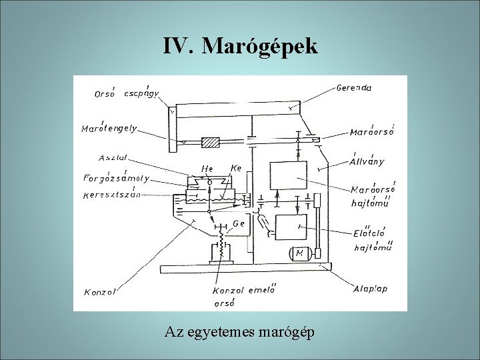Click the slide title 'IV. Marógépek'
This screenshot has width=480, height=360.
(x=240, y=46)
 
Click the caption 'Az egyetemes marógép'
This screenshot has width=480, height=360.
(x=240, y=332)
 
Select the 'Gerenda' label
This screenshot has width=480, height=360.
(x=354, y=87)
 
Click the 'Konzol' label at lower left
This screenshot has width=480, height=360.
(x=100, y=291)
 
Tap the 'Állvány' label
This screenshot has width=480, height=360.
(x=367, y=161)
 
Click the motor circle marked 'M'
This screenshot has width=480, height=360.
(x=299, y=254)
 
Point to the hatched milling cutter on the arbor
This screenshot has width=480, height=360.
(x=211, y=141)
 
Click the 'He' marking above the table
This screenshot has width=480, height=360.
(x=207, y=170)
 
